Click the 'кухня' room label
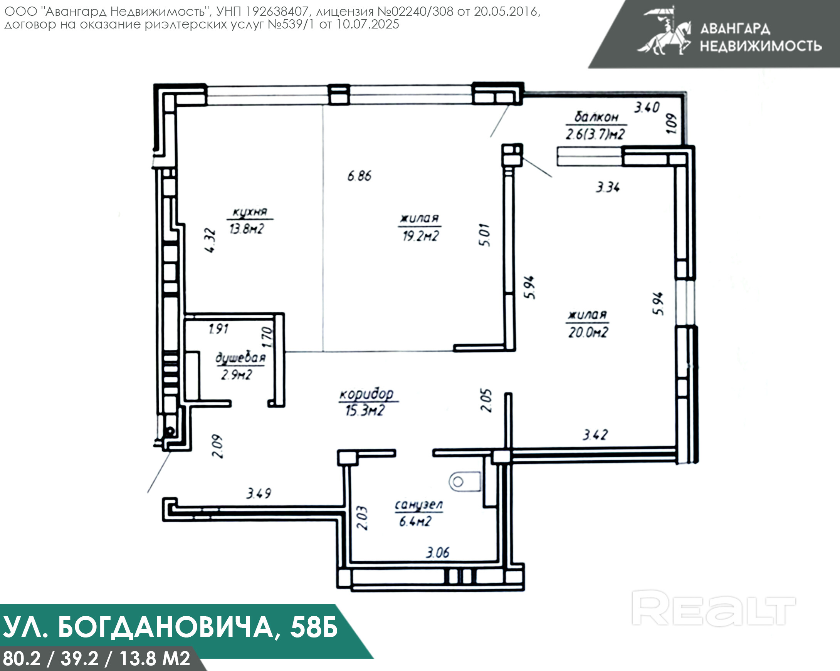pyautogui.click(x=250, y=212)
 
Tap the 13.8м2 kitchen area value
pyautogui.click(x=247, y=228)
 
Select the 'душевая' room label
pyautogui.click(x=240, y=358)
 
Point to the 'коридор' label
pyautogui.click(x=366, y=394)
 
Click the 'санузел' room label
pyautogui.click(x=419, y=505)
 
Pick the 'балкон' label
pyautogui.click(x=596, y=116)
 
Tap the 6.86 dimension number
pyautogui.click(x=359, y=176)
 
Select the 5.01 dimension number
pyautogui.click(x=485, y=235)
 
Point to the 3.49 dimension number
pyautogui.click(x=259, y=493)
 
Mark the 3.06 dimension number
pyautogui.click(x=438, y=552)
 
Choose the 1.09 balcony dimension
pyautogui.click(x=671, y=123)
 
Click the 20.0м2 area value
pyautogui.click(x=588, y=332)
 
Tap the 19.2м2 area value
pyautogui.click(x=420, y=236)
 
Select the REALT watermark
pyautogui.click(x=713, y=608)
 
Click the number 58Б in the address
pyautogui.click(x=314, y=627)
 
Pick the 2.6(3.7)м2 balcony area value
pyautogui.click(x=595, y=134)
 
